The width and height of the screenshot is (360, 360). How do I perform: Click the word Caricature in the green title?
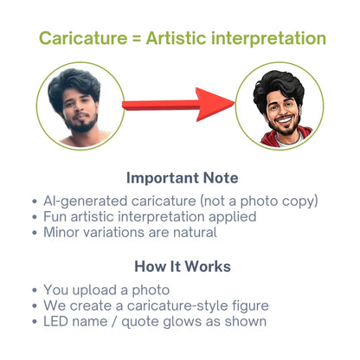coord(83,38)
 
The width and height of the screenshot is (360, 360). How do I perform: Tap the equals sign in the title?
coord(137,39)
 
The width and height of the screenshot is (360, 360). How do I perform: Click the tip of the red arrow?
coord(235,103)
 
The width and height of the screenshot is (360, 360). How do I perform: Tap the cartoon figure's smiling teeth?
coord(284,119)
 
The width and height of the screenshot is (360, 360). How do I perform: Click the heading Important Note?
coord(183,177)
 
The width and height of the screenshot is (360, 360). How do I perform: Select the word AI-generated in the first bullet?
coord(86,201)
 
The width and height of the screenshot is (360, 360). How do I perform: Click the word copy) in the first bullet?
coord(300,202)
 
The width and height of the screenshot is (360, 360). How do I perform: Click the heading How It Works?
coord(183,267)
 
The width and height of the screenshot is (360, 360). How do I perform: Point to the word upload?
coord(94,291)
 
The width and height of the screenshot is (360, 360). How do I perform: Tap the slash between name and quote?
coord(114,322)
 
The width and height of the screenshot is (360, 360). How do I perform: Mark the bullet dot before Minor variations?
coord(35,232)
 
